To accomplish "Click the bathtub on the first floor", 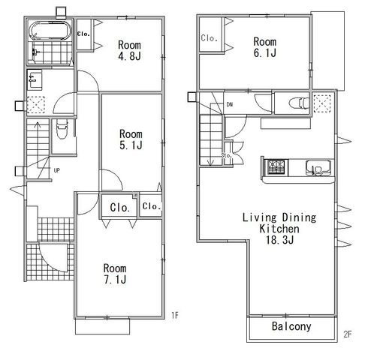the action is [x=50, y=31].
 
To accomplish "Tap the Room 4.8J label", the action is [x=129, y=50].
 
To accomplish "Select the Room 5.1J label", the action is [x=131, y=139].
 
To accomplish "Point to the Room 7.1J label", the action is [x=115, y=274].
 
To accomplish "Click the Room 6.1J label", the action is [x=265, y=47].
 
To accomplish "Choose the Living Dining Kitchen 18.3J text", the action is [x=279, y=229].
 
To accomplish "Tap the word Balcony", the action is [x=291, y=326].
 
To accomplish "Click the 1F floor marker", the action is [x=175, y=316].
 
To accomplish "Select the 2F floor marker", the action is [x=348, y=334].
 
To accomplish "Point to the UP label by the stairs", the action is [x=57, y=170].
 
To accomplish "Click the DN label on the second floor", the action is [x=230, y=104].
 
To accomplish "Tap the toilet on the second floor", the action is [x=299, y=103].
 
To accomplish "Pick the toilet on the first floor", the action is [x=62, y=128].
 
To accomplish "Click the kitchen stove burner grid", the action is [x=276, y=167].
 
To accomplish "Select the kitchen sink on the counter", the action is [x=318, y=168].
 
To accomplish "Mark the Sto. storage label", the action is [x=227, y=155].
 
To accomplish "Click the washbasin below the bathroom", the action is [x=35, y=79].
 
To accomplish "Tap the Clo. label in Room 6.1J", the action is [x=210, y=38].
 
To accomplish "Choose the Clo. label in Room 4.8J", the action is [x=83, y=34].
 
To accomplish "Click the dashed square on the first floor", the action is [x=36, y=104].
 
